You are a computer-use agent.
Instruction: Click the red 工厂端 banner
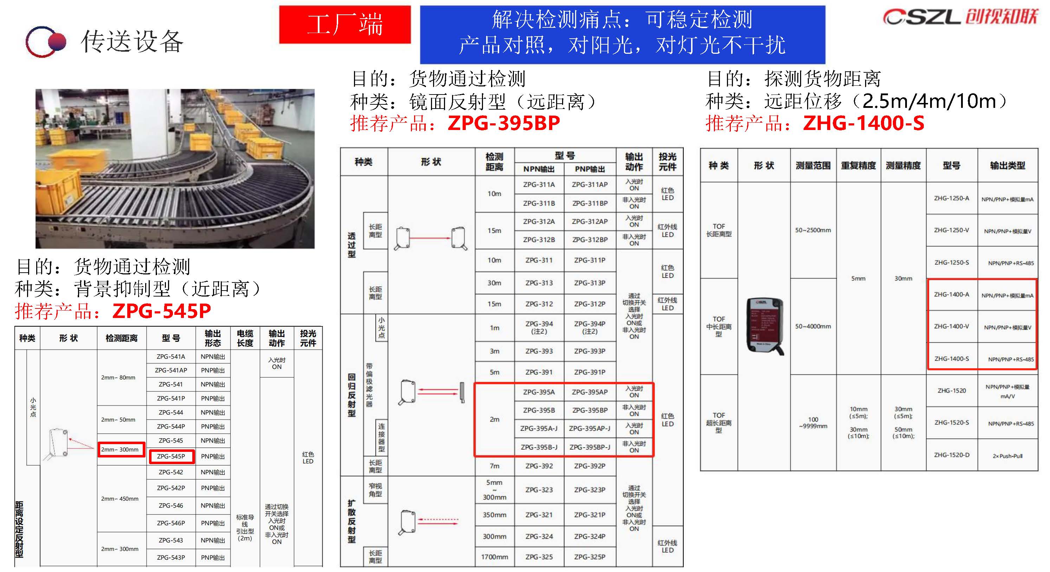(x=345, y=25)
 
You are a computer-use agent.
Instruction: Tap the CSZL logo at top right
(x=960, y=17)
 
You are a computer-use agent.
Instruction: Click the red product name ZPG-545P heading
(x=161, y=311)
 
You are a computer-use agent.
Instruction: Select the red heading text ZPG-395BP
(x=503, y=123)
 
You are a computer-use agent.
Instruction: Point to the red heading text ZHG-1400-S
(x=863, y=123)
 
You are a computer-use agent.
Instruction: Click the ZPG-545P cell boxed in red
(x=171, y=456)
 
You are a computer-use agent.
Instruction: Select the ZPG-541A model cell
(x=171, y=357)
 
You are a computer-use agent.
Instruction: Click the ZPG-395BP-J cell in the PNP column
(x=590, y=447)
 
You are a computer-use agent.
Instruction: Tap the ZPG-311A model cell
(x=539, y=184)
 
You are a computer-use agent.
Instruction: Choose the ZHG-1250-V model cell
(x=951, y=230)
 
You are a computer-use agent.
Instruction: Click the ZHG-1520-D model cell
(x=951, y=455)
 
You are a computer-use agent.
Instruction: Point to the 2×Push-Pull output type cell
(x=1007, y=456)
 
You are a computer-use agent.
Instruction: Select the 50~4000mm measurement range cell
(x=813, y=326)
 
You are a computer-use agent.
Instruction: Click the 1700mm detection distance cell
(x=495, y=557)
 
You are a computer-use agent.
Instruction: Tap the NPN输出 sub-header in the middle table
(x=539, y=169)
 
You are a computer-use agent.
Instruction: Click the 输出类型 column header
(x=1007, y=165)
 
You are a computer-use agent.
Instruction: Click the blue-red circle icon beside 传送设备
(x=45, y=41)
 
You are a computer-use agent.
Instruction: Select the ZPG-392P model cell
(x=590, y=466)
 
